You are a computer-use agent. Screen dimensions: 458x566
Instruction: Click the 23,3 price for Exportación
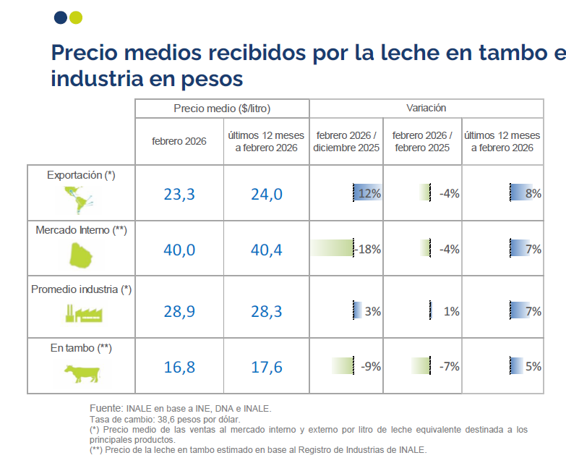(x=180, y=194)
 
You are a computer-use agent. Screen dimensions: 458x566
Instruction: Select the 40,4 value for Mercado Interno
(x=266, y=250)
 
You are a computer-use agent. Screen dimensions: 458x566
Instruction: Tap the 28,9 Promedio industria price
(x=180, y=312)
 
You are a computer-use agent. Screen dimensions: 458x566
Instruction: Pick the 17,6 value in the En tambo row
(x=266, y=367)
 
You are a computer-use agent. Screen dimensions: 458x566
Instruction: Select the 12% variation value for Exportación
(x=369, y=193)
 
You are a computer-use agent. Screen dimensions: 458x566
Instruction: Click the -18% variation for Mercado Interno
(x=369, y=249)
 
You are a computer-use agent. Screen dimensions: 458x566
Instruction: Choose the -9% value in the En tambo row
(x=370, y=366)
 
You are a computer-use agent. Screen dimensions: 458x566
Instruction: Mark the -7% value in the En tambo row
(x=449, y=366)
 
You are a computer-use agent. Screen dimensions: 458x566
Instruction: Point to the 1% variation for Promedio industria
(x=451, y=311)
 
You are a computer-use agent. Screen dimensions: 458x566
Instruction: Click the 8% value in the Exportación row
(x=533, y=193)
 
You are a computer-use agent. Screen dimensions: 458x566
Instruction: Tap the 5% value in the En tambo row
(x=533, y=366)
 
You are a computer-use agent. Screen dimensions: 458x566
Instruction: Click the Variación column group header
(x=426, y=108)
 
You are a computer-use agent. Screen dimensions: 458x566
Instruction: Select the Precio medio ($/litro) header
(x=222, y=109)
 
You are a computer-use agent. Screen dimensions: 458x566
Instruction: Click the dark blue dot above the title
(x=60, y=17)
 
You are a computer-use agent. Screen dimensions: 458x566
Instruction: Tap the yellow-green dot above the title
(x=76, y=17)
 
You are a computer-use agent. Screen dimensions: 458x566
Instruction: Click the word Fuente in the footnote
(x=106, y=409)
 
